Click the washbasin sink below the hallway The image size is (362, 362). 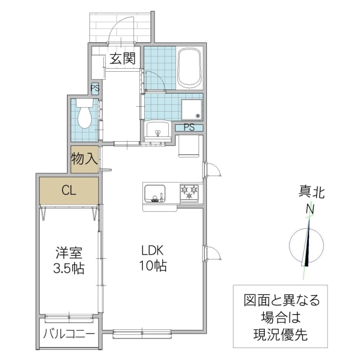coord(158,130)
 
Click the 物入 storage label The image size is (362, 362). coord(84,159)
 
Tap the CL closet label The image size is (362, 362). coord(69,191)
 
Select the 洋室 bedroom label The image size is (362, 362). coord(69,252)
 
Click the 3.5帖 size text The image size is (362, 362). coord(69,268)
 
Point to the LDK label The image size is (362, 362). coord(153,250)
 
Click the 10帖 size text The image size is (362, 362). coord(153,266)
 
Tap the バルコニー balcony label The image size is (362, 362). coord(69,334)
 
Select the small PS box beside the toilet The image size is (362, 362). coord(95,88)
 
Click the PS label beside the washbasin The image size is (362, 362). coord(189,127)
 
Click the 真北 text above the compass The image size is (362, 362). coord(311,193)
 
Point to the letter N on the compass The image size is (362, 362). coord(311,209)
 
